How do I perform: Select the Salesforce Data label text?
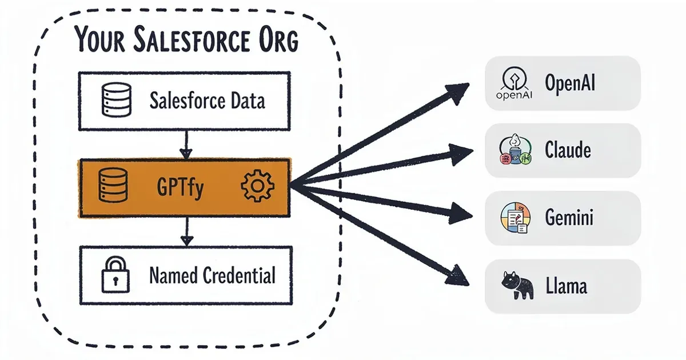207,102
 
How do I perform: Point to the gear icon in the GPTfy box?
258,187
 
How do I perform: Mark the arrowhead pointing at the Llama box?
457,275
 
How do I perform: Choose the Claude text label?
568,150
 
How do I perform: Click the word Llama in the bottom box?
565,286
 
